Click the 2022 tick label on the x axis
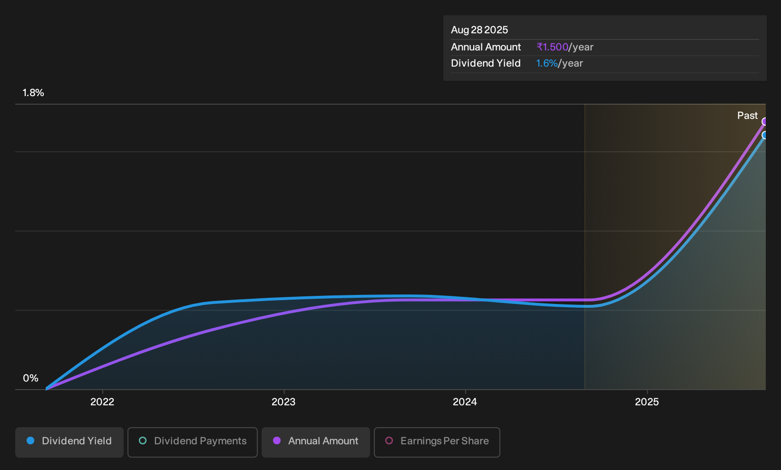pyautogui.click(x=102, y=402)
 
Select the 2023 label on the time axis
pyautogui.click(x=283, y=402)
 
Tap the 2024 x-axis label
pyautogui.click(x=465, y=402)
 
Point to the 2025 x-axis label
pyautogui.click(x=647, y=402)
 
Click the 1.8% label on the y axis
pyautogui.click(x=33, y=93)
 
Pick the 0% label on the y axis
pyautogui.click(x=31, y=378)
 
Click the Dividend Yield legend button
pyautogui.click(x=69, y=442)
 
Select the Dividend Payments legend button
pyautogui.click(x=193, y=442)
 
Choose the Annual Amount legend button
pyautogui.click(x=315, y=442)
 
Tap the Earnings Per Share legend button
pyautogui.click(x=437, y=442)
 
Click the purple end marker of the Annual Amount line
pyautogui.click(x=765, y=122)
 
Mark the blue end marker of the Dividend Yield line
pyautogui.click(x=765, y=135)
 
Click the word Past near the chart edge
pyautogui.click(x=748, y=116)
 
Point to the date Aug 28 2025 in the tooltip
pyautogui.click(x=479, y=30)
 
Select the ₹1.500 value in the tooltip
pyautogui.click(x=553, y=47)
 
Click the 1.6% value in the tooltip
pyautogui.click(x=547, y=63)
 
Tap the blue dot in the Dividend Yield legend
pyautogui.click(x=31, y=441)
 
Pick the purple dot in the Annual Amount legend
pyautogui.click(x=277, y=441)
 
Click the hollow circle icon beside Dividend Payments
pyautogui.click(x=143, y=441)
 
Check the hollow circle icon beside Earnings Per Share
pyautogui.click(x=389, y=441)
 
